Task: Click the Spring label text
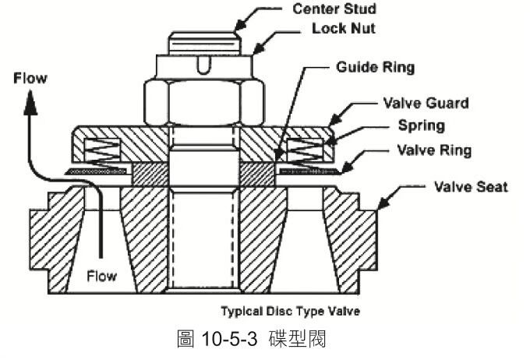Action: (421, 125)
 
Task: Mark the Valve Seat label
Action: (470, 187)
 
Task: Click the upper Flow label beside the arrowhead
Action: (30, 78)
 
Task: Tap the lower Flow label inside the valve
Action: (101, 276)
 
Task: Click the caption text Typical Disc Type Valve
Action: (290, 311)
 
